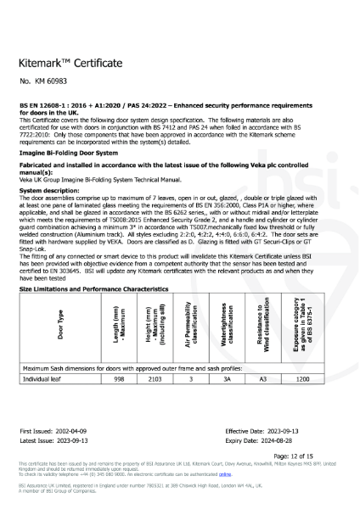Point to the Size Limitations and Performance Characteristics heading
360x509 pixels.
click(94, 289)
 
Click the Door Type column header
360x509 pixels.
click(37, 327)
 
